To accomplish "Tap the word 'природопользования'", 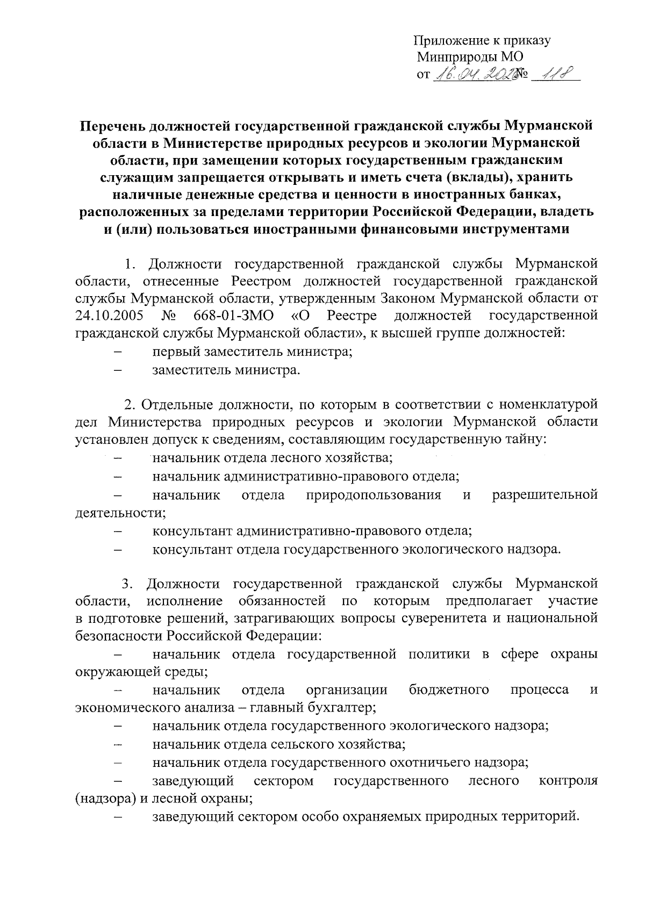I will (x=374, y=495).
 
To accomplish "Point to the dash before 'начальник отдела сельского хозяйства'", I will (x=118, y=745).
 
